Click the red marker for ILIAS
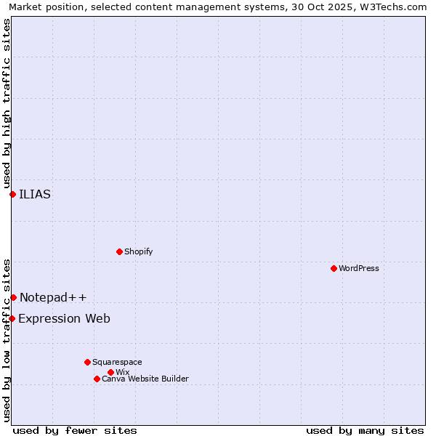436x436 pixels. pyautogui.click(x=12, y=194)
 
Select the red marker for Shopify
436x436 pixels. pyautogui.click(x=119, y=251)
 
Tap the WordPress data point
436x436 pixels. pyautogui.click(x=334, y=268)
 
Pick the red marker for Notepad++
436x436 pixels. pyautogui.click(x=13, y=297)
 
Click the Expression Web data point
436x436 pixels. pyautogui.click(x=12, y=318)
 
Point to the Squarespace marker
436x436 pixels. pyautogui.click(x=87, y=362)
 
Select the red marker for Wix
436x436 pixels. pyautogui.click(x=110, y=372)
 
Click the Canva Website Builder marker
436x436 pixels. pyautogui.click(x=97, y=379)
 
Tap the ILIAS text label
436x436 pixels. pyautogui.click(x=35, y=194)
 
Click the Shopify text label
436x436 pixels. pyautogui.click(x=138, y=251)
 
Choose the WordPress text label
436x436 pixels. pyautogui.click(x=359, y=268)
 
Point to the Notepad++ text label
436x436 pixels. pyautogui.click(x=53, y=297)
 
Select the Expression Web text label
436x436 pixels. pyautogui.click(x=64, y=318)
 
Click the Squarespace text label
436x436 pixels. pyautogui.click(x=117, y=362)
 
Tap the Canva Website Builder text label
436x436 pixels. pyautogui.click(x=145, y=379)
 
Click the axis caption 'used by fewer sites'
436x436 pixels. pyautogui.click(x=75, y=430)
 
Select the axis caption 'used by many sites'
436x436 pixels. pyautogui.click(x=365, y=430)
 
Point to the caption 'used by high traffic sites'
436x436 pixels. pyautogui.click(x=7, y=102)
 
